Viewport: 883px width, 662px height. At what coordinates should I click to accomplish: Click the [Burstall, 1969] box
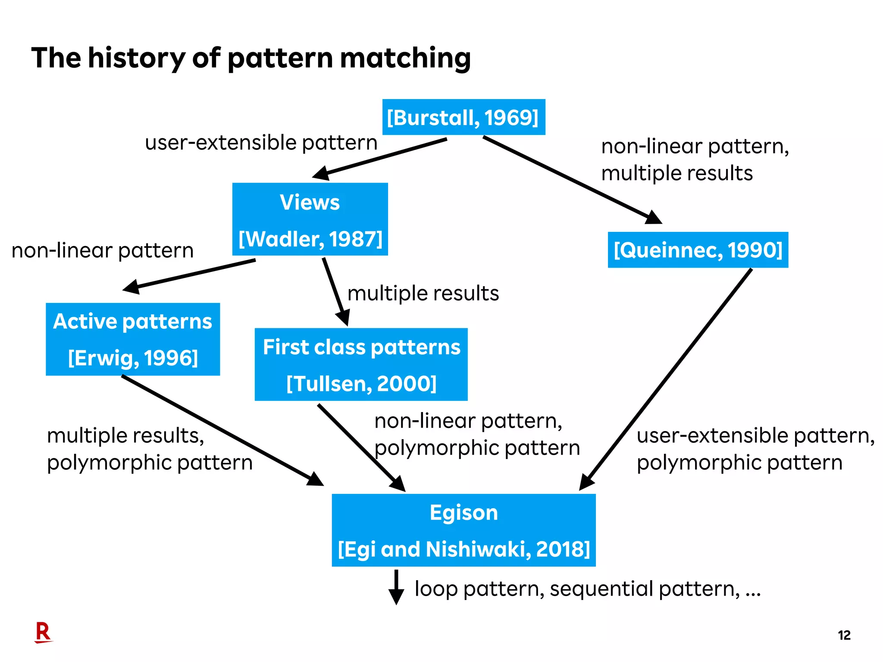[x=463, y=117]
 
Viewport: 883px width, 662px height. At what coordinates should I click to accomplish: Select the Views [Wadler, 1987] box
[x=310, y=219]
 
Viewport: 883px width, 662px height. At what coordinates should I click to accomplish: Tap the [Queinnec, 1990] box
[x=698, y=250]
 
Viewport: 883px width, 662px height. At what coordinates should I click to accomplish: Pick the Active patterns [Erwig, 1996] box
[x=133, y=339]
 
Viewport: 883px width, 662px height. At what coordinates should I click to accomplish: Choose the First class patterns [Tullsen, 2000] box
[x=361, y=365]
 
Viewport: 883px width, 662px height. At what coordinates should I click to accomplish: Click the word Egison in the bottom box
[x=463, y=513]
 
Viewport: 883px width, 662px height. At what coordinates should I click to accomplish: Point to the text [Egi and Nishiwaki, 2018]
[x=463, y=549]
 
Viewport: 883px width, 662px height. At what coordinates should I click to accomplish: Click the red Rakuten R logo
[x=43, y=632]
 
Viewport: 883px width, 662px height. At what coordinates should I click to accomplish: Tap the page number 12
[x=844, y=635]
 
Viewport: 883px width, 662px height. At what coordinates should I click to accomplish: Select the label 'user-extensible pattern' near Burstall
[x=261, y=143]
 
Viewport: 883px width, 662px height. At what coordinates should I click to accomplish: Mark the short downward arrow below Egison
[x=396, y=587]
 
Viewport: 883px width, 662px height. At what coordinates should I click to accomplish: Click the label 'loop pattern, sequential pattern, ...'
[x=587, y=589]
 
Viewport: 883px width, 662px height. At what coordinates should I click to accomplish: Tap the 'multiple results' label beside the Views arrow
[x=423, y=294]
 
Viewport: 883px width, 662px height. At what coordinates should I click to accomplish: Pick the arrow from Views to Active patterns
[x=190, y=275]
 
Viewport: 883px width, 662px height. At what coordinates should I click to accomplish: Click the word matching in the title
[x=405, y=58]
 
